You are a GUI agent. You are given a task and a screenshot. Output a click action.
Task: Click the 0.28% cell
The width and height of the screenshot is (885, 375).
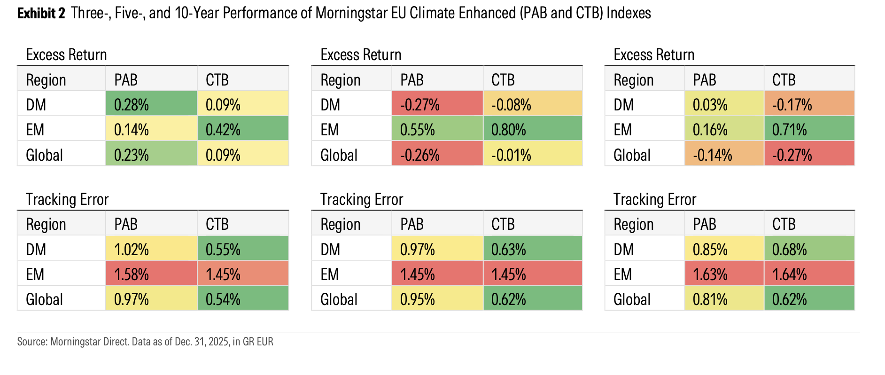click(x=151, y=104)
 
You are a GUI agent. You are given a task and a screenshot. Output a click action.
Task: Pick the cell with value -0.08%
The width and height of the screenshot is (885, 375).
click(x=532, y=104)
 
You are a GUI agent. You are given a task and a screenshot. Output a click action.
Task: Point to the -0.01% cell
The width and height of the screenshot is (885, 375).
click(x=532, y=155)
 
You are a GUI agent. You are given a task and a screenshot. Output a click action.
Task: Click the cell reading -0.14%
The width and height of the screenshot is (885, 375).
click(x=724, y=155)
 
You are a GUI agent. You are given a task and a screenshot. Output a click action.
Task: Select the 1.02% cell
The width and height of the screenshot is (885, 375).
click(x=151, y=249)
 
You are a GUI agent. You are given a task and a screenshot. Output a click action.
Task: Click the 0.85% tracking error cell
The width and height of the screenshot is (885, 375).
click(x=724, y=249)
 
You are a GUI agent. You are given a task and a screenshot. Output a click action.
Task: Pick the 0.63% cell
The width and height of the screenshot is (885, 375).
click(x=532, y=249)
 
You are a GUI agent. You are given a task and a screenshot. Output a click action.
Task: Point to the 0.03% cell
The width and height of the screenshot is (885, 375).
click(x=724, y=104)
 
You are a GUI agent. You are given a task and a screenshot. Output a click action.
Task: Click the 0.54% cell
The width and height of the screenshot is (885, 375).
click(x=242, y=299)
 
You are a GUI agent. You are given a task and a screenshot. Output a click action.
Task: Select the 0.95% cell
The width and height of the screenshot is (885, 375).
click(x=437, y=299)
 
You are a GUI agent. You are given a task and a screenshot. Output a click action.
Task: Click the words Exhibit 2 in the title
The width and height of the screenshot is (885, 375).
click(x=41, y=13)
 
